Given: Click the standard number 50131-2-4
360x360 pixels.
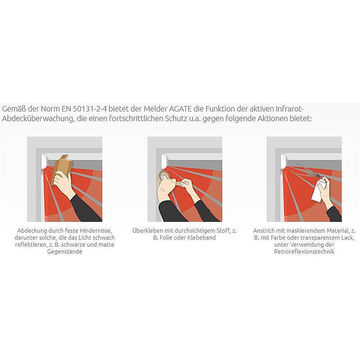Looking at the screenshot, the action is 90,108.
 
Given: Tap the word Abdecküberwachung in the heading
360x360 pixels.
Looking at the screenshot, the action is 37,118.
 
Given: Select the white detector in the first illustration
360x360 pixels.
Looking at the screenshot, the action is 44,162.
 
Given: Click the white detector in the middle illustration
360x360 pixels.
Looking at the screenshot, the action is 164,162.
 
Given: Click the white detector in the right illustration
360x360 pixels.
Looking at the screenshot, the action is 284,162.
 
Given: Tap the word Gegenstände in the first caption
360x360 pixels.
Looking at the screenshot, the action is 65,252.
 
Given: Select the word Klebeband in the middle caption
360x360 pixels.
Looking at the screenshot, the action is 202,238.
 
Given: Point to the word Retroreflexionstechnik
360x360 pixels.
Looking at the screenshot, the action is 304,252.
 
